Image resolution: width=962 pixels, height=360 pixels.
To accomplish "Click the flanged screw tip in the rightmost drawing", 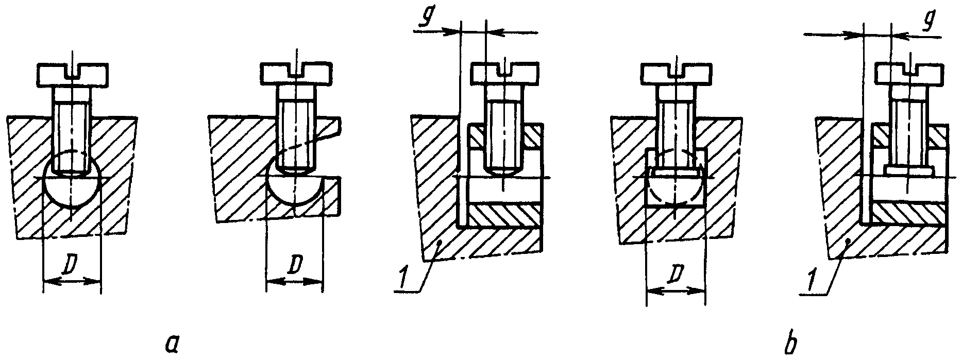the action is pos(910,169).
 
